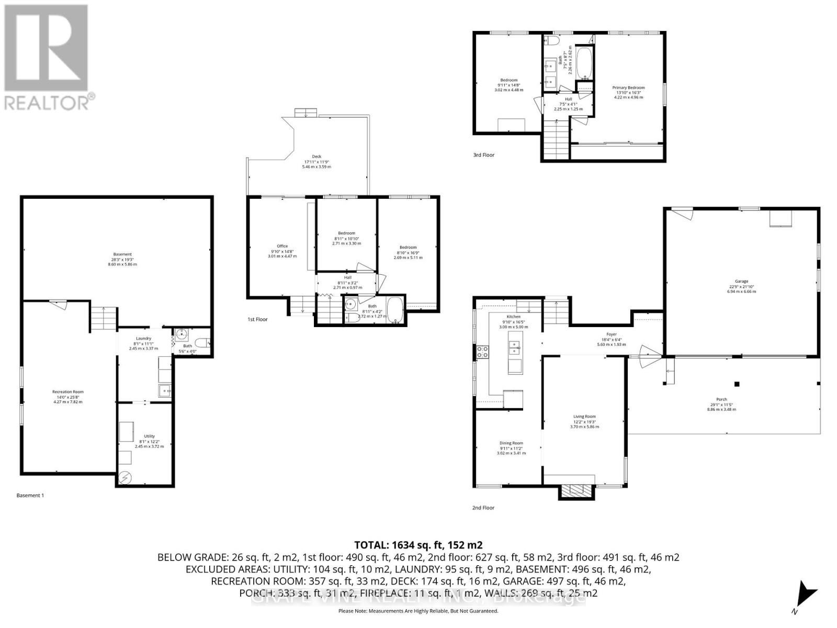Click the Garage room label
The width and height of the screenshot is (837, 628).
coord(741,281)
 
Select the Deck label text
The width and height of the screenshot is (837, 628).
coord(316,156)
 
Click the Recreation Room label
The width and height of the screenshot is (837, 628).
coord(67,392)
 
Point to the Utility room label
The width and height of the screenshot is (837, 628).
coord(149,436)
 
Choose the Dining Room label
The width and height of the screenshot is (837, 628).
coord(511,443)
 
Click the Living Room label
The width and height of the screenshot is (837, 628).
coord(584,417)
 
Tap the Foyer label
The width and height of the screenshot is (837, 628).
coord(611,334)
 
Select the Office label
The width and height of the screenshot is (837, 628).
coord(282,246)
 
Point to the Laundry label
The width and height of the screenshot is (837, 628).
coord(143,339)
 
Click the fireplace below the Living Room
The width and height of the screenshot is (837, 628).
coord(575,490)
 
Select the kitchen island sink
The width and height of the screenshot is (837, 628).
coord(515,347)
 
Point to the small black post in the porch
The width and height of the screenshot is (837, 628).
coord(737,384)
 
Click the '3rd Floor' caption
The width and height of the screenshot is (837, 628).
coord(483,155)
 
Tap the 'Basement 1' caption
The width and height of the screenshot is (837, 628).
coord(30,495)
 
